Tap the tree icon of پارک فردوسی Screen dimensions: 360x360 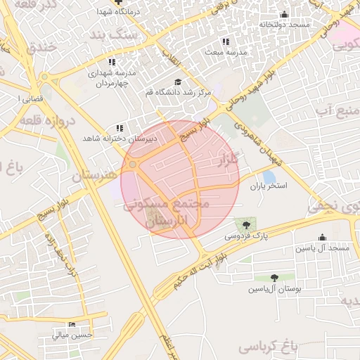point(245,225)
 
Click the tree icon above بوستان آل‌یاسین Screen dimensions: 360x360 point(274,278)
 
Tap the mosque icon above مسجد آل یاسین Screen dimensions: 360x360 point(322,237)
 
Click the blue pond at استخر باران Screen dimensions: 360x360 point(269,177)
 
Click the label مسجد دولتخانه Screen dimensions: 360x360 point(284,25)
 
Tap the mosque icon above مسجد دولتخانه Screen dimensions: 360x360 point(284,14)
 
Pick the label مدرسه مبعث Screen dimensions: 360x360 point(226,52)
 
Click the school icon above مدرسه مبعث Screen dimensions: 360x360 point(226,41)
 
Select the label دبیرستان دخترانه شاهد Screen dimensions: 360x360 point(118,139)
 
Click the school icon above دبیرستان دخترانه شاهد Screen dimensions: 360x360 point(119,128)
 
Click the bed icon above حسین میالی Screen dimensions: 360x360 point(72,325)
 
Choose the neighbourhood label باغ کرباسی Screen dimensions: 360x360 point(268,347)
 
